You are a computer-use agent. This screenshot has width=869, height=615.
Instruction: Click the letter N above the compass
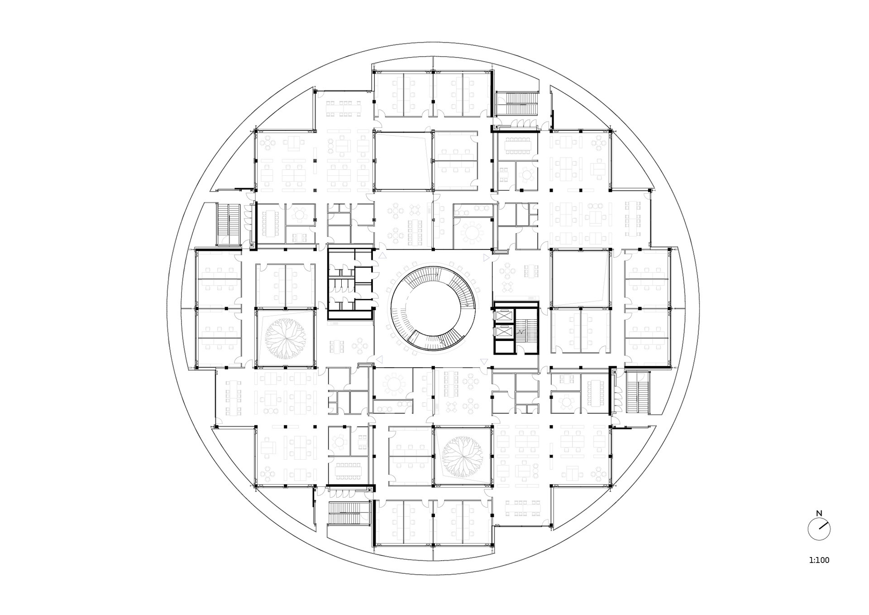(819, 514)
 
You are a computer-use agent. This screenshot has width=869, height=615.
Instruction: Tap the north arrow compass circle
(819, 529)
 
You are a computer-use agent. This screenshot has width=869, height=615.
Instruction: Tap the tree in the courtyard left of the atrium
(285, 337)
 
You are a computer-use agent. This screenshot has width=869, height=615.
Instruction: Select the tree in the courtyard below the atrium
(462, 456)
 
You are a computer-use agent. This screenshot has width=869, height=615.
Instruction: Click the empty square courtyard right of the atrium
(580, 278)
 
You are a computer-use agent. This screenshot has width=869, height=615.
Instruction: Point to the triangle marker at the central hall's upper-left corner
(382, 256)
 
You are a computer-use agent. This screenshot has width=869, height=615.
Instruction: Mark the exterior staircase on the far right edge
(638, 392)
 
